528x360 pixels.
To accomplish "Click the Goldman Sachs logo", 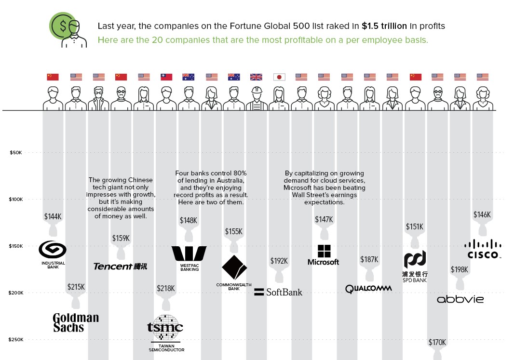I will click(76, 322).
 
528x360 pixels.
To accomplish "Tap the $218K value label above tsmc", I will click(165, 289).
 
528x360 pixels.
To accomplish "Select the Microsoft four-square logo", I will click(324, 251).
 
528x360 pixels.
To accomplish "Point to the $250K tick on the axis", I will click(16, 340).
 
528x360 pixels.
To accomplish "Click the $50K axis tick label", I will click(16, 153).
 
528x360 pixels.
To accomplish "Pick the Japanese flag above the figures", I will click(279, 77).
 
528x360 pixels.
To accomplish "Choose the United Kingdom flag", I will click(257, 77).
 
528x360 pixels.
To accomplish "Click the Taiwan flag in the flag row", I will click(166, 77).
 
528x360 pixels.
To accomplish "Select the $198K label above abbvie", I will click(459, 269).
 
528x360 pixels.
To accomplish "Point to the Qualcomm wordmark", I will click(368, 289).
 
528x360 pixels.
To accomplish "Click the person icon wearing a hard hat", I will click(257, 98).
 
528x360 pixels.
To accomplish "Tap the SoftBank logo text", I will click(279, 292).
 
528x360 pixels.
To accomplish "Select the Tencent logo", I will click(120, 266).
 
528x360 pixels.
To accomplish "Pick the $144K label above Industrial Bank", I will click(53, 216).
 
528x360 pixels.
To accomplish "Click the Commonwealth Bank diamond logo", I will click(234, 267).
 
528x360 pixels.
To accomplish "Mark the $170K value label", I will click(437, 343).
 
